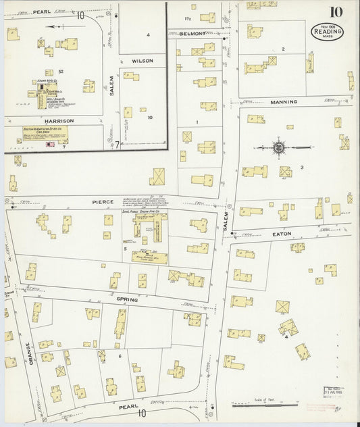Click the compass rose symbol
pyautogui.click(x=278, y=145)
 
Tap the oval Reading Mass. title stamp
pyautogui.click(x=327, y=32)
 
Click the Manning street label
pyautogui.click(x=284, y=102)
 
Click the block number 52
pyautogui.click(x=60, y=71)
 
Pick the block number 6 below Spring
pyautogui.click(x=120, y=355)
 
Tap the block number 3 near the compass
pyautogui.click(x=302, y=167)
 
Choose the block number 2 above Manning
pyautogui.click(x=283, y=49)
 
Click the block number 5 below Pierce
pyautogui.click(x=126, y=249)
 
